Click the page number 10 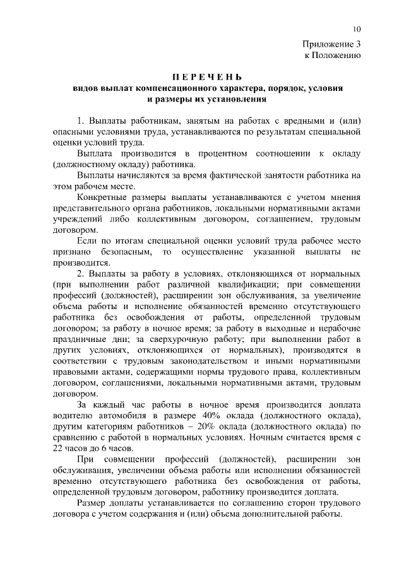click(357, 29)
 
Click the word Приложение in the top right click(328, 44)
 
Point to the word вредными click(301, 121)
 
